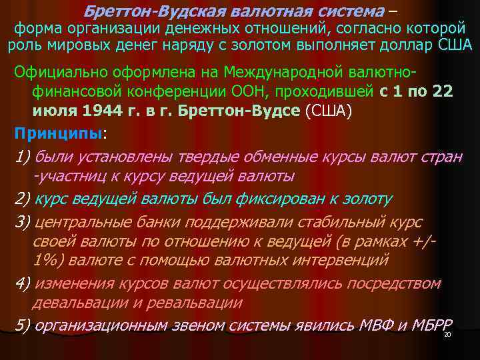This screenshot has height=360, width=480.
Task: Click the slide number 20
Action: pyautogui.click(x=447, y=334)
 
